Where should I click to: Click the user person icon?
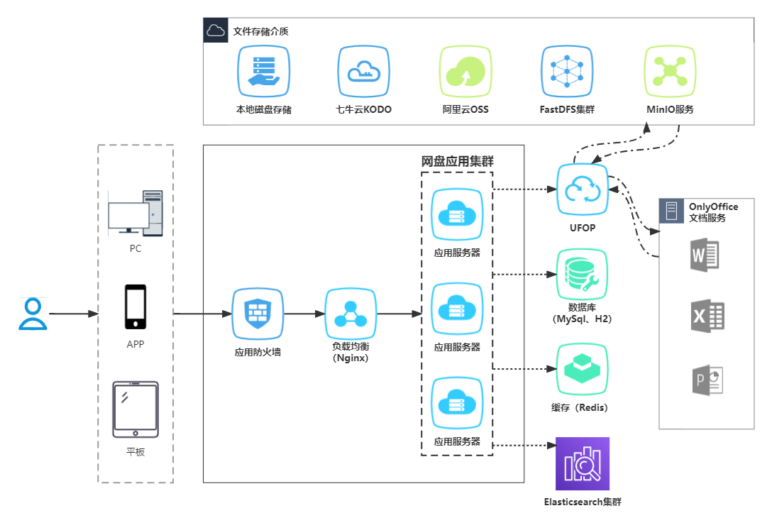pos(33,314)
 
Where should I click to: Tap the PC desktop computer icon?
pos(135,213)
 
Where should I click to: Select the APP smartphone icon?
pos(136,307)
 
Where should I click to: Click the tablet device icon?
pos(136,409)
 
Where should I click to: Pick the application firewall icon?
pos(257,314)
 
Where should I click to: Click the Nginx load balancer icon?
pos(350,314)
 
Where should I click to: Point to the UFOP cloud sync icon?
pos(583,189)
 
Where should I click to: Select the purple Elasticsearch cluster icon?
pos(583,464)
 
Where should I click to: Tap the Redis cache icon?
pos(583,369)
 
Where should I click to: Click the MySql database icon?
pos(583,274)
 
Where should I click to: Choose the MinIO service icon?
pos(670,71)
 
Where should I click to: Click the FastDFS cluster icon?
pos(566,71)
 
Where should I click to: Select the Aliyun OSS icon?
pos(465,71)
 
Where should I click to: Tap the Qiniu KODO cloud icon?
pos(363,71)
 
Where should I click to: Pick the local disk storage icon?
pos(263,71)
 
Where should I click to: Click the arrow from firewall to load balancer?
pos(303,314)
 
